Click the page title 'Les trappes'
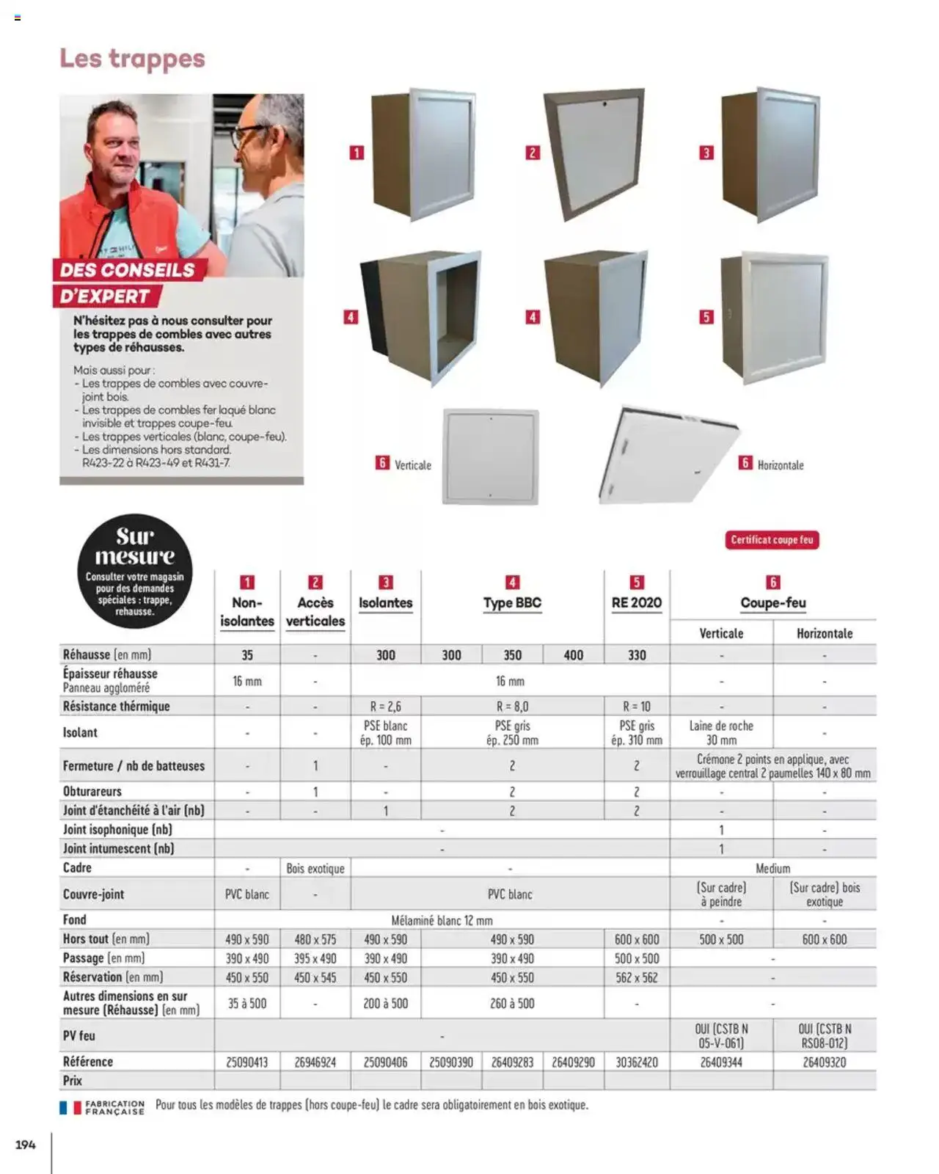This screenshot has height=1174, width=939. click(132, 59)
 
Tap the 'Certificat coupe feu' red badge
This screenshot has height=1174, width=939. click(772, 540)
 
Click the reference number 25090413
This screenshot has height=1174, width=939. click(246, 1062)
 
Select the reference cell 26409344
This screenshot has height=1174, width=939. click(721, 1062)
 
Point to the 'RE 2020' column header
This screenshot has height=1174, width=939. click(636, 603)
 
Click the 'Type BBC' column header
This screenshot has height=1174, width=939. click(512, 603)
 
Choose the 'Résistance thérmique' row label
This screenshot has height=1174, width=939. click(116, 707)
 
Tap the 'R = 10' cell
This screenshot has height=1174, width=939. click(636, 707)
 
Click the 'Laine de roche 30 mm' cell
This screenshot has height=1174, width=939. click(721, 732)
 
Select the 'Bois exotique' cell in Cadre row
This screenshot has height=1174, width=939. click(315, 868)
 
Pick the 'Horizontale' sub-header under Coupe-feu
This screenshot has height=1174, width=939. click(825, 633)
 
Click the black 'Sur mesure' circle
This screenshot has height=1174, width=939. click(135, 571)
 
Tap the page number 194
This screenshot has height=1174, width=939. click(26, 1145)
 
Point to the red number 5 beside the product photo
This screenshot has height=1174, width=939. click(706, 317)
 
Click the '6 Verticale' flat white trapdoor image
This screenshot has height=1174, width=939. click(490, 456)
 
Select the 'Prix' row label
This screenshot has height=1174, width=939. click(73, 1081)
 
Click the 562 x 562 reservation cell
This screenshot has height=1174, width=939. click(636, 977)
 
